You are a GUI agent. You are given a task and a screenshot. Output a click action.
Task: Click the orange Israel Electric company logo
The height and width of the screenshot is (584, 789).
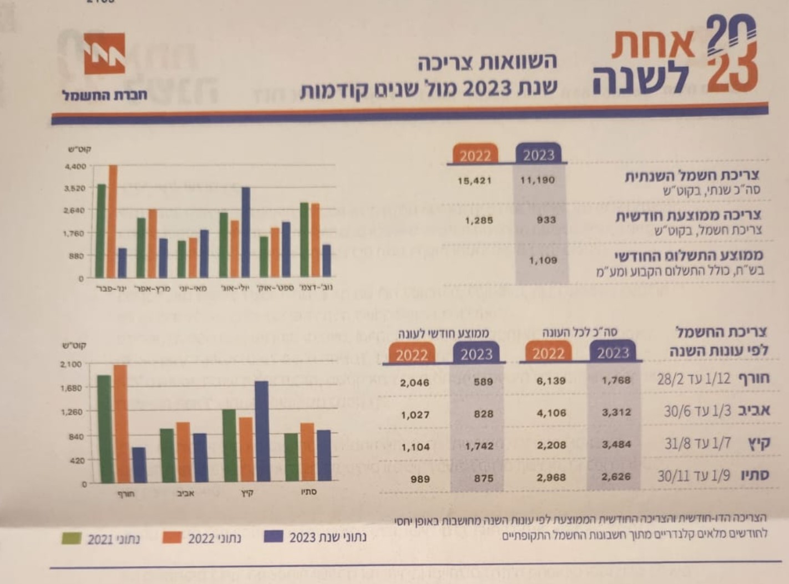click(104, 53)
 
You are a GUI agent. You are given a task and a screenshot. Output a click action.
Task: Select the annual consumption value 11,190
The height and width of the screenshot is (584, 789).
click(537, 180)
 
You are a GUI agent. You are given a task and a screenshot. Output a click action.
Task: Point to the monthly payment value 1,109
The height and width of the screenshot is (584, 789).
click(543, 260)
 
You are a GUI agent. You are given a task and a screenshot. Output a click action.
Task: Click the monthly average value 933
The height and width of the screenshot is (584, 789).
click(546, 220)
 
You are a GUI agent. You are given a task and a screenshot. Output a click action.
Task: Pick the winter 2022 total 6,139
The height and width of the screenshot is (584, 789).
click(551, 381)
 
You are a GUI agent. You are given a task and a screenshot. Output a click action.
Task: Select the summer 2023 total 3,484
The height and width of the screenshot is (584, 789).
click(616, 444)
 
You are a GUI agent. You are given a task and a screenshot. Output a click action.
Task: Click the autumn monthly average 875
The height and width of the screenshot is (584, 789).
click(483, 478)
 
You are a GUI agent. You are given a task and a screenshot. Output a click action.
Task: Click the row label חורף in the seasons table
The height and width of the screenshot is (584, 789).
click(753, 379)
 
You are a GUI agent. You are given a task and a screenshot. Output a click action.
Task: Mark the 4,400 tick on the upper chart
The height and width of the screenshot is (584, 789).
click(75, 166)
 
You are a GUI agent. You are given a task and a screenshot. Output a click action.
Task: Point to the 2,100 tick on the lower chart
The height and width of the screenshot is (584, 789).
click(70, 364)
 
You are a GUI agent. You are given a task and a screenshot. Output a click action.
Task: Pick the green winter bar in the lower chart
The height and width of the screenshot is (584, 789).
click(104, 428)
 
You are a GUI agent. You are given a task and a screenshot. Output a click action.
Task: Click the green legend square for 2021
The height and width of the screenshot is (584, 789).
click(72, 538)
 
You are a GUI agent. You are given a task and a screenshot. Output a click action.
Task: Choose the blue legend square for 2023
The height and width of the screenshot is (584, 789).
click(274, 537)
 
